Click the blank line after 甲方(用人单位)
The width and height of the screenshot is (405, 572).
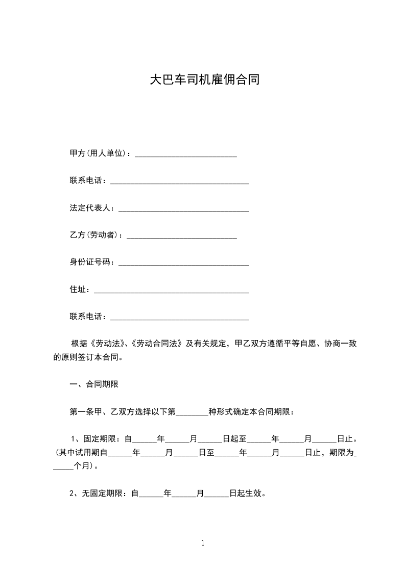(185, 154)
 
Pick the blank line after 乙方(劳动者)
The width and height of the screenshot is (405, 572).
(181, 237)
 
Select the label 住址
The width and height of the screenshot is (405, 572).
(78, 290)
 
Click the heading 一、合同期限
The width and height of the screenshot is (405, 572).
(94, 384)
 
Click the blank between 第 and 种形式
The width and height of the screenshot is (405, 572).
(192, 413)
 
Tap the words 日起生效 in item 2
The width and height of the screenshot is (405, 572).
(247, 493)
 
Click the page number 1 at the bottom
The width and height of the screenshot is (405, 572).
(203, 543)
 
